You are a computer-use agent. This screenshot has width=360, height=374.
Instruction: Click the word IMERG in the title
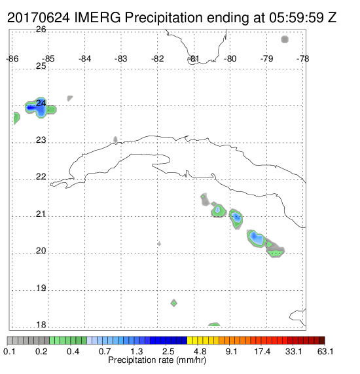pos(98,18)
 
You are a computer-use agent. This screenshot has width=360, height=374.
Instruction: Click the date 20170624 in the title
pos(39,18)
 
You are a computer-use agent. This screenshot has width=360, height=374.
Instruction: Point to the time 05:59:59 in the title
pos(297,18)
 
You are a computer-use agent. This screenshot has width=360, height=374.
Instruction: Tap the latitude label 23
pos(41,140)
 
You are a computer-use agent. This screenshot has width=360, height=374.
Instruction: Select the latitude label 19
pos(41,288)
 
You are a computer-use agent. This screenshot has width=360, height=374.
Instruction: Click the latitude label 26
pos(41,29)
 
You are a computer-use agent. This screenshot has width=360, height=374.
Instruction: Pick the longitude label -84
pos(84,59)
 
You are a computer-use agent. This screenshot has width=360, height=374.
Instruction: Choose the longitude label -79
pos(266,59)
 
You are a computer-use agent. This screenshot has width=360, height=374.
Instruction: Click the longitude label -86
pos(12,59)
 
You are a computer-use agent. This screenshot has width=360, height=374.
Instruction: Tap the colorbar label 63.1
pos(325,351)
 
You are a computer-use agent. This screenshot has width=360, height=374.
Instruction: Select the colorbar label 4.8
pos(200,351)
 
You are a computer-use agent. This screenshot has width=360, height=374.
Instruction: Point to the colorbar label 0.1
pos(9,351)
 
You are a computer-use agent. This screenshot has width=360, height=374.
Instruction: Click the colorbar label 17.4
pos(262,351)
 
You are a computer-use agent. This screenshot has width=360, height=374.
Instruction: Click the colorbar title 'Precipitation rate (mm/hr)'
pos(157,360)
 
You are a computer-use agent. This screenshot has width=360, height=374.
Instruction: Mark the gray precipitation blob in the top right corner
pos(285,39)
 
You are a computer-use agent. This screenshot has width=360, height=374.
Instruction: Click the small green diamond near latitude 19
pos(174,303)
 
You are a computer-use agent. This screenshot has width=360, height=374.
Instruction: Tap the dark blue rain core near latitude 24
pos(31,108)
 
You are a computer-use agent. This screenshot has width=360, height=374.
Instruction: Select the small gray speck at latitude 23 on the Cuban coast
pos(115,140)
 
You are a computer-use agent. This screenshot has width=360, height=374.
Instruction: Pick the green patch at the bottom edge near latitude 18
pos(214,324)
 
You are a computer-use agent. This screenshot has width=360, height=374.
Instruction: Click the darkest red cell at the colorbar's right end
pos(322,341)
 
